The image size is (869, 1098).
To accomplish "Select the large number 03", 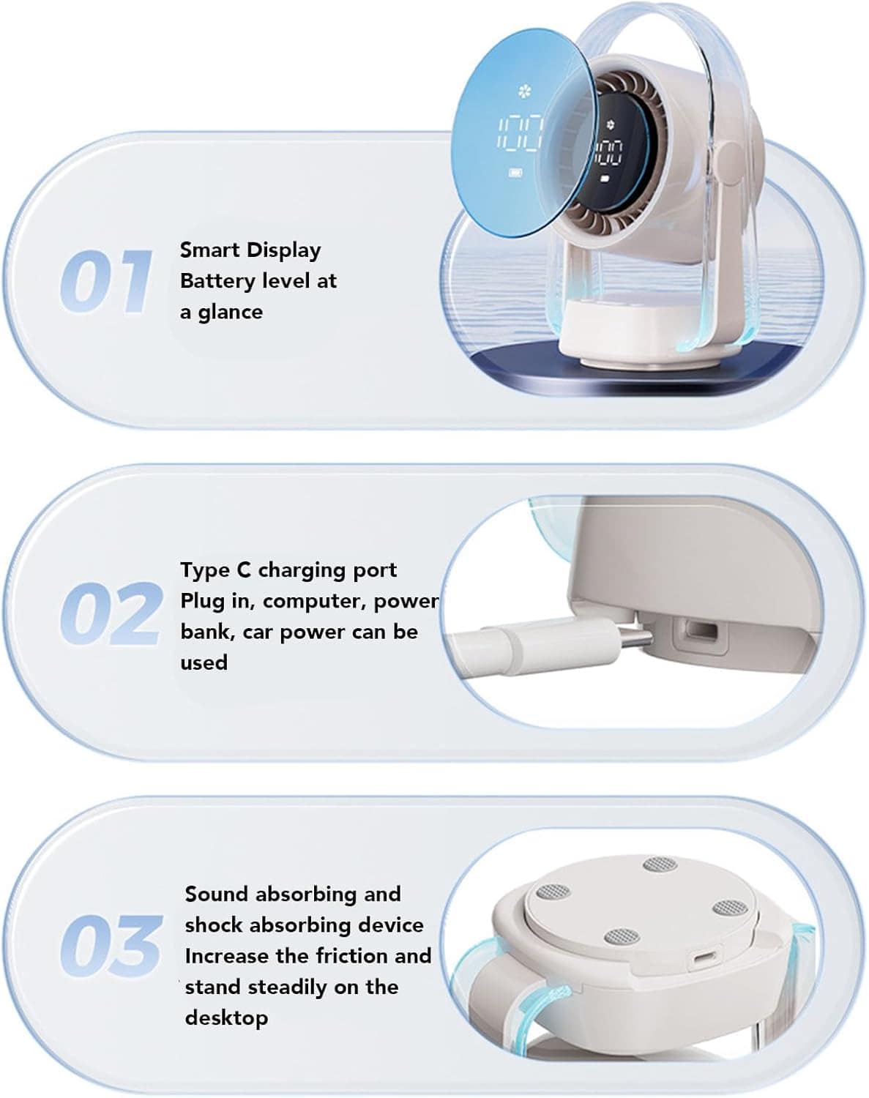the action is (111, 946).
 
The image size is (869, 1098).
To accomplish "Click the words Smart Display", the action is (250, 250).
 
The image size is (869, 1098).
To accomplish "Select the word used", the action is (204, 663).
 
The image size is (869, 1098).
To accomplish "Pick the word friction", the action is (352, 956).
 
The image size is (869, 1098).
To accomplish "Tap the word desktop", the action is (226, 1018).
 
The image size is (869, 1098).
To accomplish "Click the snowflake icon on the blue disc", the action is (523, 91).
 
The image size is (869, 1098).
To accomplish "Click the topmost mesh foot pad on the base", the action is (660, 863).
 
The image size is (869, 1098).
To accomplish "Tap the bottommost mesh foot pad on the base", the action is (622, 936).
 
